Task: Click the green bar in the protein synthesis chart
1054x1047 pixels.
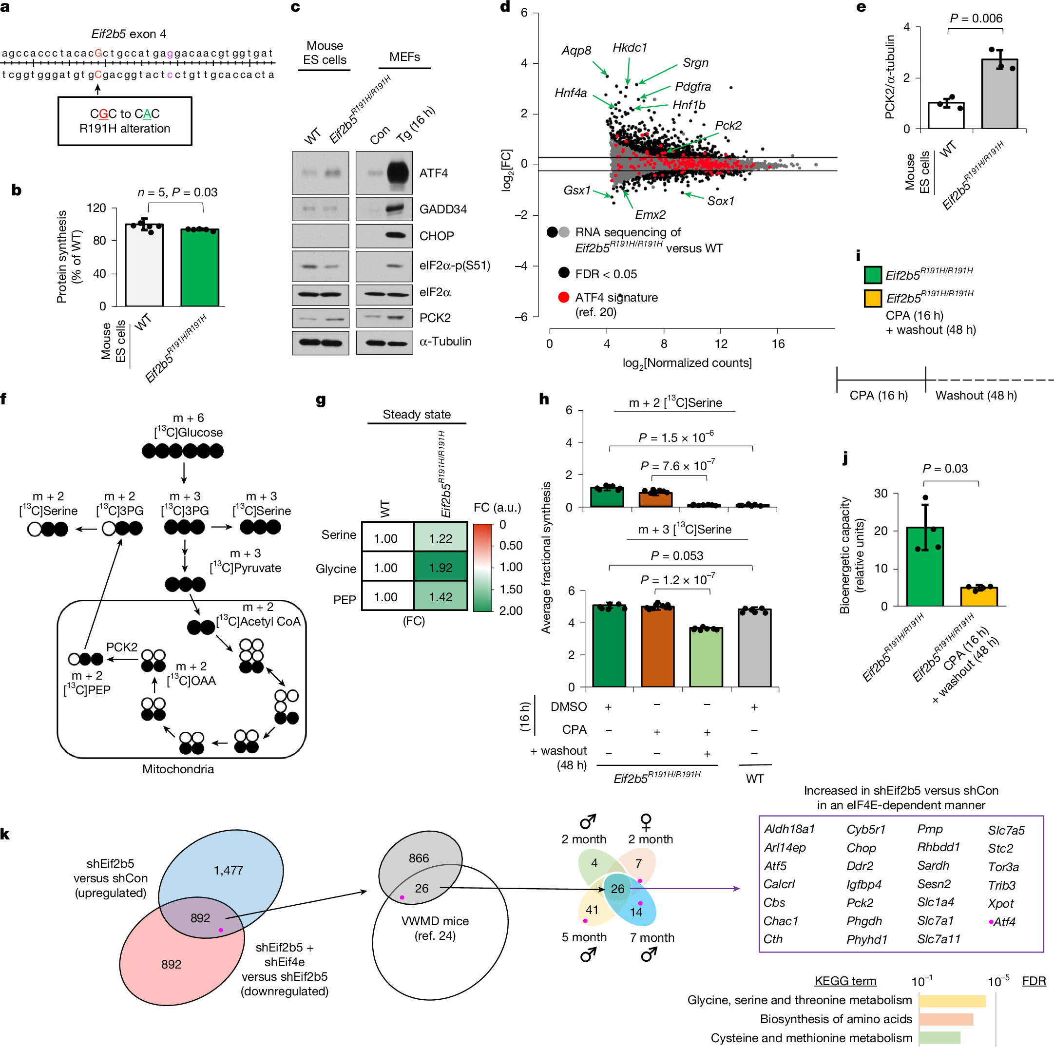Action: (x=200, y=267)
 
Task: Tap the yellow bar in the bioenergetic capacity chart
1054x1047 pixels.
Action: (x=978, y=596)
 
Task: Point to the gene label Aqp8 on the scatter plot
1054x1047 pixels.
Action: (x=576, y=51)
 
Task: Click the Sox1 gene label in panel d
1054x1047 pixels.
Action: (x=720, y=201)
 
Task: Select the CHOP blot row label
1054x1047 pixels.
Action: (x=437, y=236)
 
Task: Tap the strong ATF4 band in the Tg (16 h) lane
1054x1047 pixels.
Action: (x=398, y=173)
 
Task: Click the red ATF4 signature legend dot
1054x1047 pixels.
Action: (x=564, y=297)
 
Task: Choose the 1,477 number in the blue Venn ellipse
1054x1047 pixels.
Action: (x=228, y=870)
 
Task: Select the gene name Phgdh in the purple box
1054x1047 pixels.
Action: (x=864, y=921)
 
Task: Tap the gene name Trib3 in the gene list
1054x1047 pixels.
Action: (x=1002, y=885)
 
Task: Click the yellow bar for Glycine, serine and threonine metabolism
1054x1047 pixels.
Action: (x=952, y=1001)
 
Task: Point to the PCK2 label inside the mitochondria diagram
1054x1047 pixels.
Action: (x=122, y=647)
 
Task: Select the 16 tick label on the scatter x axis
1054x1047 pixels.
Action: (x=777, y=343)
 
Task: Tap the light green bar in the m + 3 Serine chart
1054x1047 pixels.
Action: (x=706, y=657)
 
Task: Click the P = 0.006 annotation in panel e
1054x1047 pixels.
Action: (x=976, y=18)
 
